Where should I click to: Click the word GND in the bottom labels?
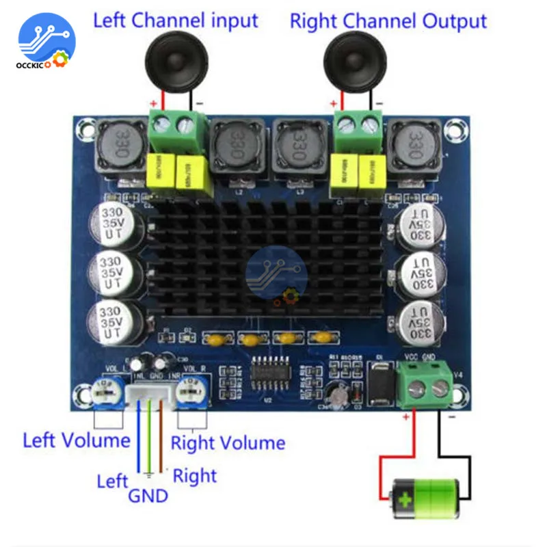coord(148,494)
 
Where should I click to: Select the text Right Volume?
coord(228,442)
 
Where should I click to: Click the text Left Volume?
coord(76,439)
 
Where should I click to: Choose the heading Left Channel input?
coord(176,20)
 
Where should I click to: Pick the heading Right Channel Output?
coord(388,21)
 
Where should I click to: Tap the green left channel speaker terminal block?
coord(176,133)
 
